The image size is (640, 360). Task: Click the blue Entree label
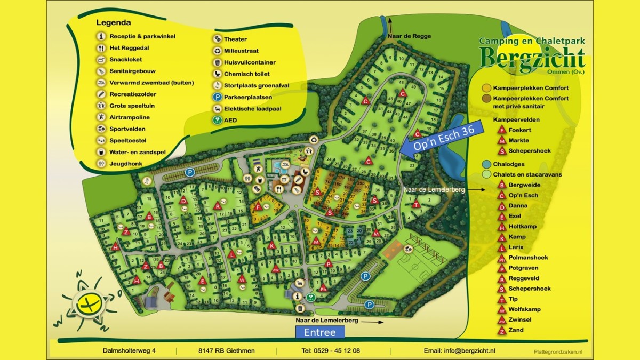pos(320,332)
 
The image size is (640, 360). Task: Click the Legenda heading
pos(114,22)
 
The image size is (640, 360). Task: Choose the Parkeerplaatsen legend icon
pos(218,97)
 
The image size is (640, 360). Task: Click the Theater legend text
pos(235,39)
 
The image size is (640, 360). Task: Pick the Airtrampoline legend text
pos(130,117)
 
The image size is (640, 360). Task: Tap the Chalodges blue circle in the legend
pos(486,164)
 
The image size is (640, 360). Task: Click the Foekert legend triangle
pos(501,130)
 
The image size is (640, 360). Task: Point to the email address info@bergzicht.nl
pos(459,350)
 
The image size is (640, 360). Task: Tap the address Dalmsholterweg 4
pos(129,350)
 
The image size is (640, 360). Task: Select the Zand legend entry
pos(516,330)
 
